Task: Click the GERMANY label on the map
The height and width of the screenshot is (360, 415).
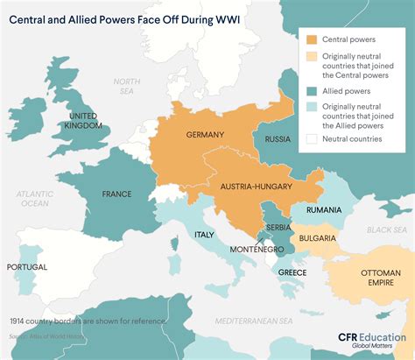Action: (206, 135)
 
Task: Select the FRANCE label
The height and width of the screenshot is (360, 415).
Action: (116, 194)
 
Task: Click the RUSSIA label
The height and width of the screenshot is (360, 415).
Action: (278, 139)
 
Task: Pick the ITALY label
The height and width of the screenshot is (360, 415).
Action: (204, 235)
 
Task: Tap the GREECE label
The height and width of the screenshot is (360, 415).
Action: (292, 272)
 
